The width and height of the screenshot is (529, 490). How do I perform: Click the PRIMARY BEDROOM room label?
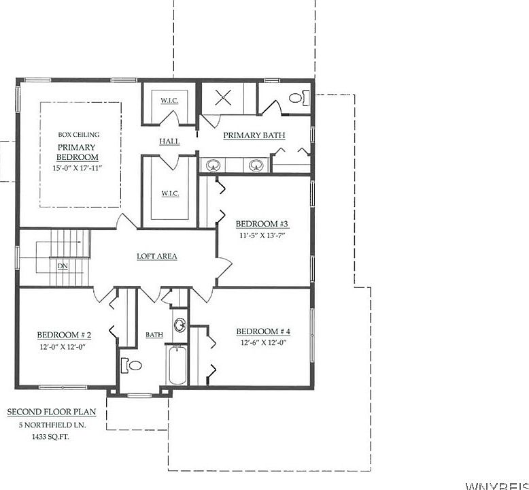[x=76, y=152]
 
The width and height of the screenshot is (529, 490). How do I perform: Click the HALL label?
[x=169, y=141]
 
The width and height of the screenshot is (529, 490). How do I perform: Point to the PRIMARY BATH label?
[x=254, y=135]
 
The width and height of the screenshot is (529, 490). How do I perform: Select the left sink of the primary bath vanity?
[x=213, y=165]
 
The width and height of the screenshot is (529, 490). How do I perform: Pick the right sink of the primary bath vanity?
[x=256, y=165]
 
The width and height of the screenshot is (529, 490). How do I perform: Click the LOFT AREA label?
[x=157, y=257]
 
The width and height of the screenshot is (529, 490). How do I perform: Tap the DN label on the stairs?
[x=63, y=266]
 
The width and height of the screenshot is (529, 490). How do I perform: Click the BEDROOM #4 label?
[x=263, y=331]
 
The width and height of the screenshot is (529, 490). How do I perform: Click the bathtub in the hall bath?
[x=176, y=366]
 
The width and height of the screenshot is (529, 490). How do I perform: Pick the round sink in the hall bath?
[x=180, y=325]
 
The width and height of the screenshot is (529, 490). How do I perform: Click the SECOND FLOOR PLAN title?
[x=52, y=412]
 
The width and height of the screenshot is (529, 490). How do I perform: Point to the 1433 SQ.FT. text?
[x=52, y=437]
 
